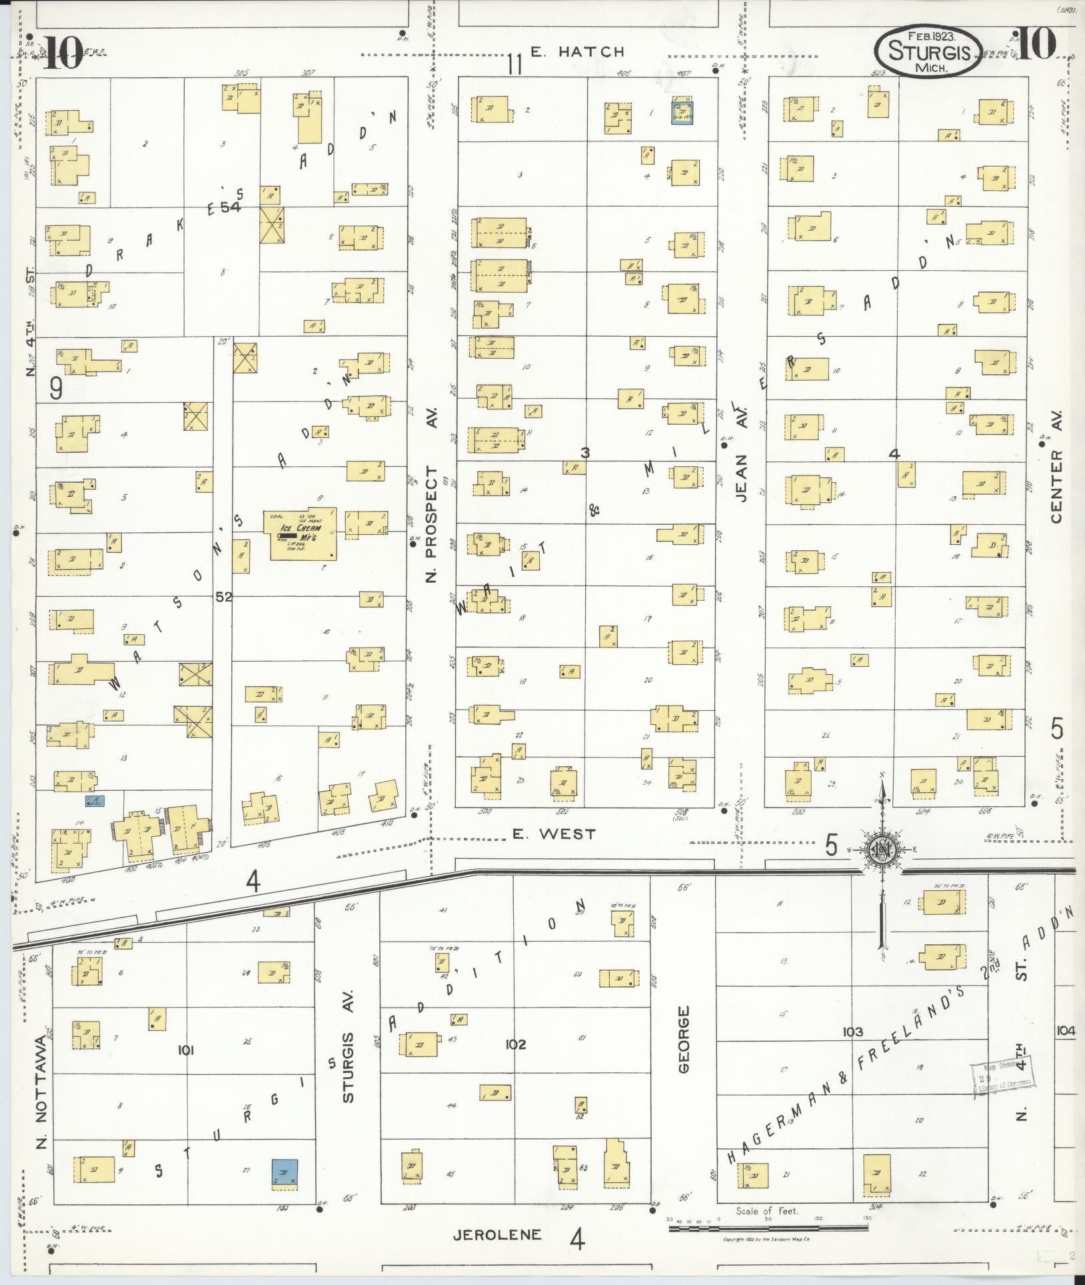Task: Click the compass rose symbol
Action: pyautogui.click(x=881, y=848)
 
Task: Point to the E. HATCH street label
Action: pyautogui.click(x=578, y=52)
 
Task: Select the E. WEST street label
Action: pyautogui.click(x=554, y=834)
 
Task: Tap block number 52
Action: pyautogui.click(x=224, y=597)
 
